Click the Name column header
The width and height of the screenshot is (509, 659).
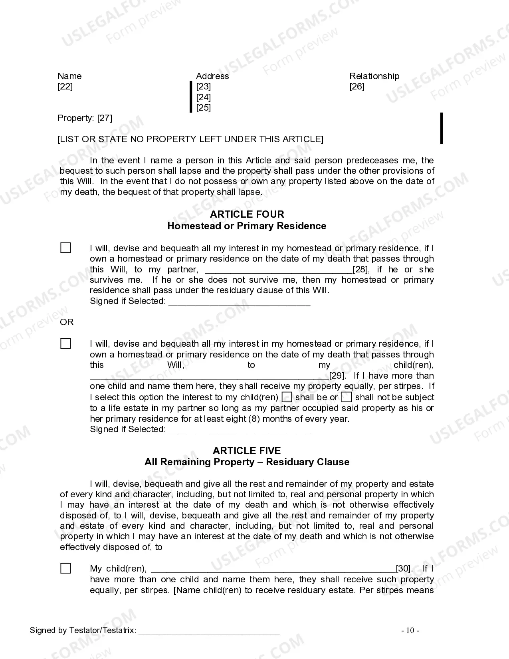69,76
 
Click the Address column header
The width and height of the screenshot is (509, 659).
212,76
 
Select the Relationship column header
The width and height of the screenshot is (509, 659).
374,76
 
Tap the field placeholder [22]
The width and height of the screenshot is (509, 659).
65,87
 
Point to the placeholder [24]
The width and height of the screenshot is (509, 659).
203,97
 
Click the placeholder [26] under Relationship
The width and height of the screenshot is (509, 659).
357,87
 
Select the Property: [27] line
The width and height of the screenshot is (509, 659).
85,118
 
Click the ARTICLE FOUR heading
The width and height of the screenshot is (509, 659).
247,214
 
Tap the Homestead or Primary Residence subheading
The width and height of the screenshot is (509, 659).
247,226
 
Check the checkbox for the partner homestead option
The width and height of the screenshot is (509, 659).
65,248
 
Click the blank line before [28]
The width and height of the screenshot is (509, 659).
279,270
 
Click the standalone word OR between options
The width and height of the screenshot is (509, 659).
67,322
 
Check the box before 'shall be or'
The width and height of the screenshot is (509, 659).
287,397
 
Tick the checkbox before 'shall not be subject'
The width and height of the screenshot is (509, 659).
347,397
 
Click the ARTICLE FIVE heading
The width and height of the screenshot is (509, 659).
247,451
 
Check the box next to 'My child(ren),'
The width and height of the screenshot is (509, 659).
65,568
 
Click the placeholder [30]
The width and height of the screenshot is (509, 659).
404,569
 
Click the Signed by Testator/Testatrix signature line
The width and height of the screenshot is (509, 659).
209,631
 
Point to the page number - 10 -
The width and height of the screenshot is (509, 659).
410,631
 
